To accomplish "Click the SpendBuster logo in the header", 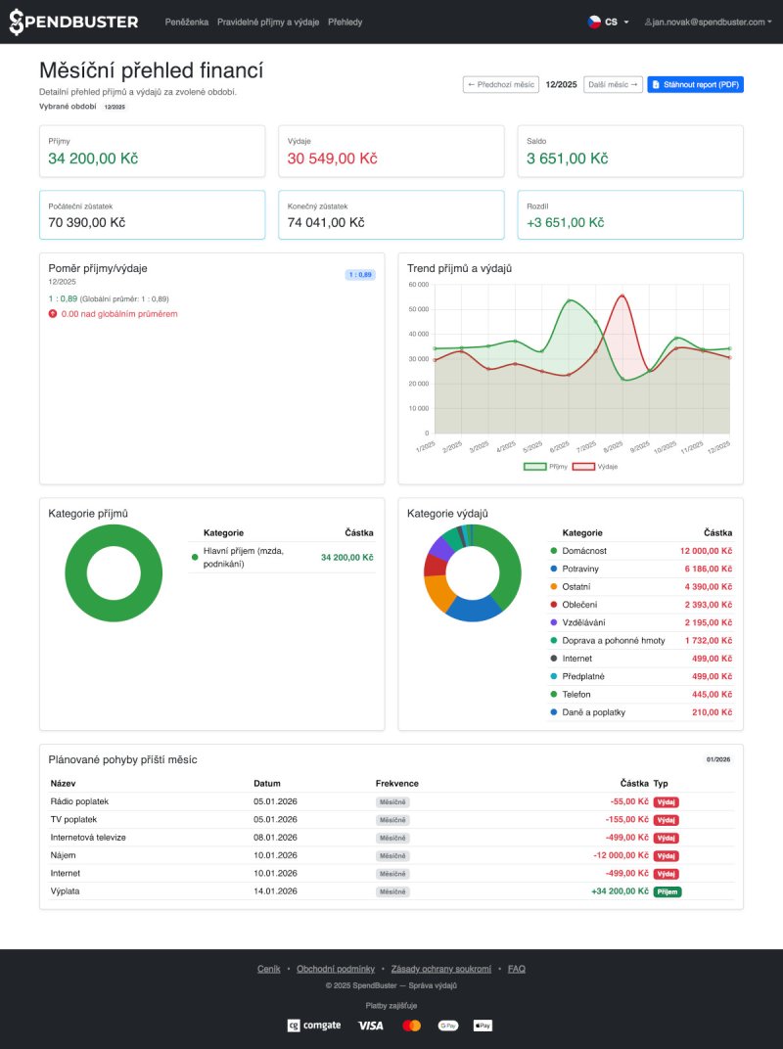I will coord(73,22).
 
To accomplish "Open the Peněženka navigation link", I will coord(187,22).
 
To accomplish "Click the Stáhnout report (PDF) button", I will coord(695,85).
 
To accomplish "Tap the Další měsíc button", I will coord(613,85).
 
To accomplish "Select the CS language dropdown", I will coord(608,22).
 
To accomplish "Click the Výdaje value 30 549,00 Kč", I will coord(332,159).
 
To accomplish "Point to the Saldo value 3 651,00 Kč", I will coord(567,159).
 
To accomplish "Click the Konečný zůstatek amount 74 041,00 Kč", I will coord(326,222).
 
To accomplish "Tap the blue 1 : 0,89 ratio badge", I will coord(359,275).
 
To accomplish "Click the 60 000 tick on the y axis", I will coord(418,285).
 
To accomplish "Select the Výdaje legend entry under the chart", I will coord(594,467).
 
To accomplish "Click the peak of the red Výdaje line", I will coord(622,295).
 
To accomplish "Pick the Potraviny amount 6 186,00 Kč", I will coord(708,569).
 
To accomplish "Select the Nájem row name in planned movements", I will coord(63,855).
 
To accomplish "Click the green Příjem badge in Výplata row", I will coord(667,891).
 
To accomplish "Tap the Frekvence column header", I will coord(396,783).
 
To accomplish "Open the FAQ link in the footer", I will coord(516,969).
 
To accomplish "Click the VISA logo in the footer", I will coord(370,1026).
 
